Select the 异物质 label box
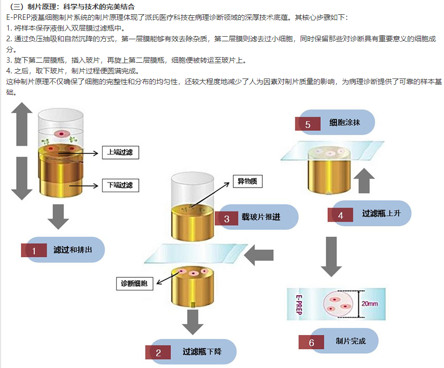pyautogui.click(x=246, y=180)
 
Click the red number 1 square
pyautogui.click(x=34, y=251)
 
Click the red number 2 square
pyautogui.click(x=159, y=352)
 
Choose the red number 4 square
pyautogui.click(x=340, y=215)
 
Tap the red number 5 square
pyautogui.click(x=308, y=124)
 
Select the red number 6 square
pyautogui.click(x=311, y=342)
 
